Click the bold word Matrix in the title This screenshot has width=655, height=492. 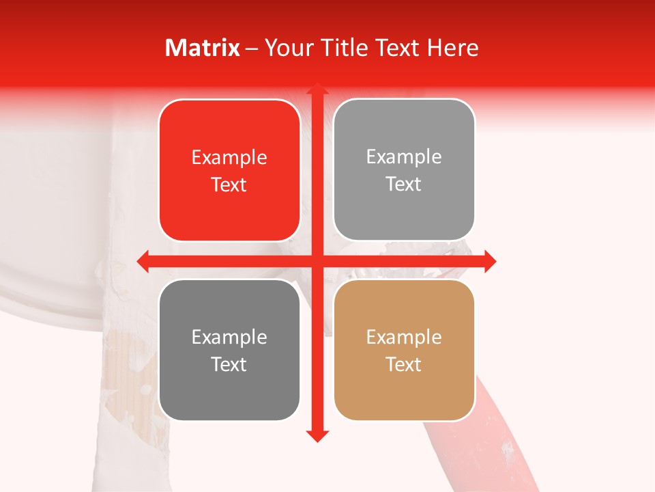(203, 48)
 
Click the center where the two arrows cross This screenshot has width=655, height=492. (317, 261)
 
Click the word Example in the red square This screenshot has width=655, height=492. (229, 157)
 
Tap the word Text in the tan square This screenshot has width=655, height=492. (404, 364)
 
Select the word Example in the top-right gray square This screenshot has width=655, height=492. (404, 156)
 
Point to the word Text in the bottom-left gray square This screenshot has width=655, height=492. (229, 364)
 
